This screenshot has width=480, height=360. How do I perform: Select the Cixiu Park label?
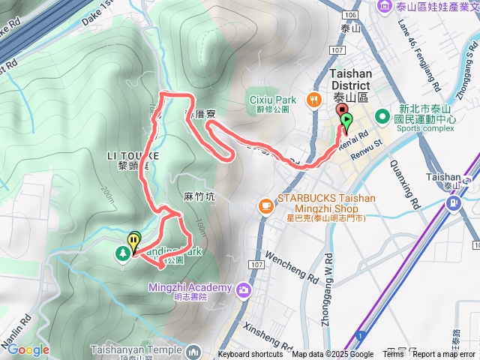(x=271, y=99)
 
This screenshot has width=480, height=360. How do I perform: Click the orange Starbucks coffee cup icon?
(x=265, y=205)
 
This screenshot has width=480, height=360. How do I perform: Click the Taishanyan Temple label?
(x=136, y=349)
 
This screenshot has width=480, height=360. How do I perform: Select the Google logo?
(x=28, y=349)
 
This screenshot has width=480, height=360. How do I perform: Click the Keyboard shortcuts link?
(x=250, y=355)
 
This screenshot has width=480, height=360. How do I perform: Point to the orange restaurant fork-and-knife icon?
(x=313, y=100)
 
